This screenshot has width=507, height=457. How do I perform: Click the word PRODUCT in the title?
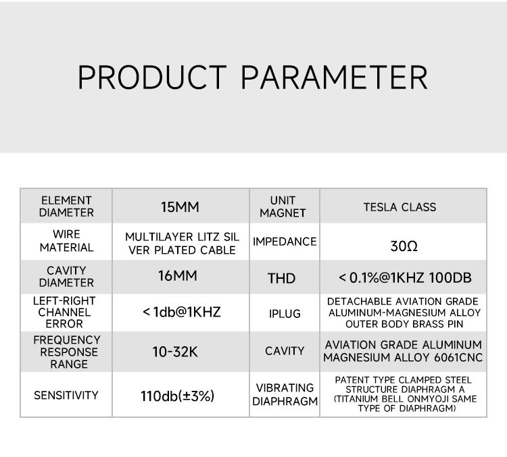152,77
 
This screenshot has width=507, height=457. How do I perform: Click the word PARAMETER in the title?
335,77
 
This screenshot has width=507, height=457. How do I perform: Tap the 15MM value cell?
180,207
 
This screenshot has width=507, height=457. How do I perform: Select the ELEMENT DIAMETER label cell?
66,207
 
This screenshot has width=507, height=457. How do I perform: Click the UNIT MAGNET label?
283,207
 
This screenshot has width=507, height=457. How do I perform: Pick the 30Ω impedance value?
404,246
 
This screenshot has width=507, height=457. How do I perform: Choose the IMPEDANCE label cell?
285,242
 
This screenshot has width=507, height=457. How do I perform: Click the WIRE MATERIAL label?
67,241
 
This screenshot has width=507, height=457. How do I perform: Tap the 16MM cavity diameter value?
178,276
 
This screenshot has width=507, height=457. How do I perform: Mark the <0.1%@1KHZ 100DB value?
405,277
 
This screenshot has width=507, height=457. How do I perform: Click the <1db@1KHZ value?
181,312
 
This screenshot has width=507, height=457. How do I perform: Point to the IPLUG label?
285,314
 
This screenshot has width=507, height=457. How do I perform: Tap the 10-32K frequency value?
175,352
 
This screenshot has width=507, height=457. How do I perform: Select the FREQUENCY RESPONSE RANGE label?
67,352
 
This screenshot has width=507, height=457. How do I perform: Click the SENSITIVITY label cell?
66,396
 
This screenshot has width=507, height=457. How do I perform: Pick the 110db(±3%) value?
178,396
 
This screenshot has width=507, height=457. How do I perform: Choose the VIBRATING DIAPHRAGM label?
285,394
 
